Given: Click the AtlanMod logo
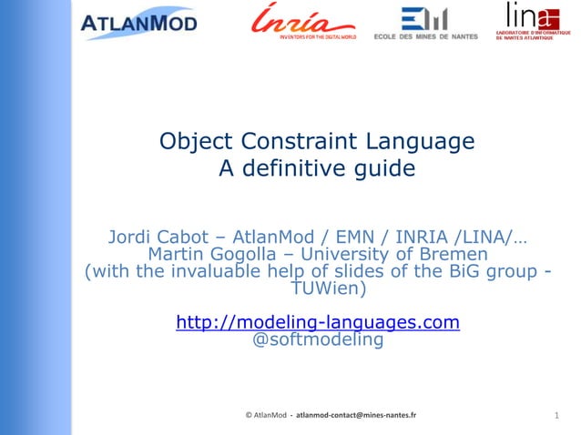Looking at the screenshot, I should point(138,23).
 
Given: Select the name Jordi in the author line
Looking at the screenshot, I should point(137,239).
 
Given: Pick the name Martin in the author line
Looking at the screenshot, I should point(178,256).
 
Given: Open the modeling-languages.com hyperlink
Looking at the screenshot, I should point(317,322).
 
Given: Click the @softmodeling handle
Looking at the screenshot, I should point(317,341).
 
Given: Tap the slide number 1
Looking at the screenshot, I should point(556,416).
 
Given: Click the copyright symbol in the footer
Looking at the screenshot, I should point(250,415).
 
